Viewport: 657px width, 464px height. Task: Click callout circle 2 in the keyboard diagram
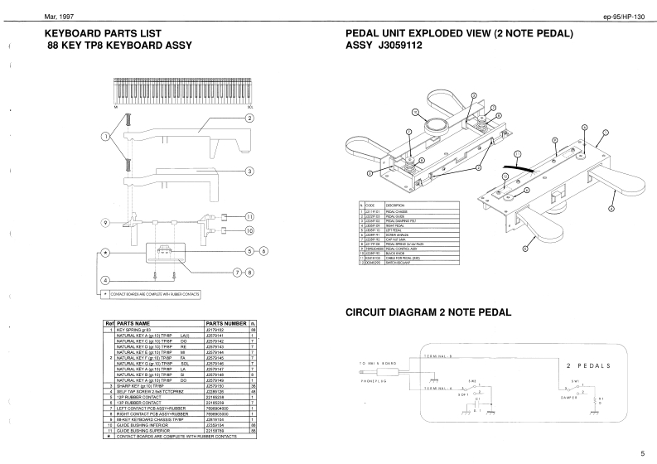tap(249, 118)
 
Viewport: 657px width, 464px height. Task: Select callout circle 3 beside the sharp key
tap(249, 172)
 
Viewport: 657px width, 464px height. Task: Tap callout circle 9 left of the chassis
tap(105, 223)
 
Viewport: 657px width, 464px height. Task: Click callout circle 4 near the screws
tap(105, 280)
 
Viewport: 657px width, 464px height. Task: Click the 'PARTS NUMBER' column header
tap(225, 323)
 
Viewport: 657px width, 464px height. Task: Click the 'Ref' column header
tap(109, 323)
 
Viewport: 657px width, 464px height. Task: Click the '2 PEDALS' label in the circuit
tap(587, 365)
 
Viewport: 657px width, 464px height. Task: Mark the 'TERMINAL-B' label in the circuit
tap(438, 354)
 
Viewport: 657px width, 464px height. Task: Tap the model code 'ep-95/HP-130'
tap(627, 17)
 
